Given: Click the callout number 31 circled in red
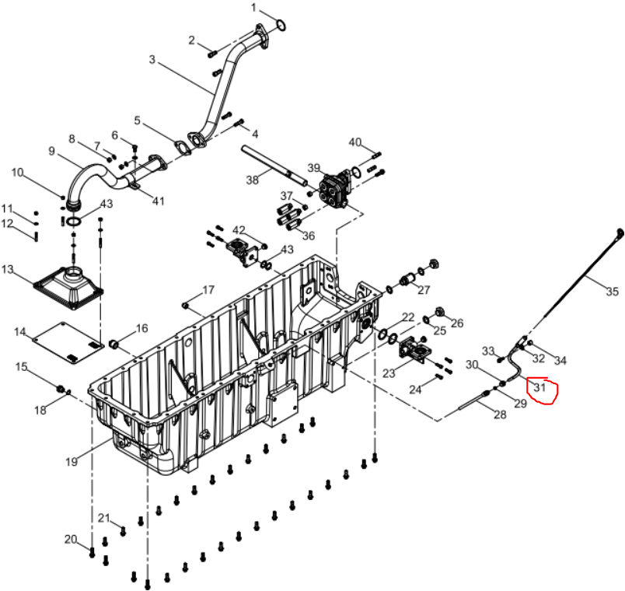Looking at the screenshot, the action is (539, 387).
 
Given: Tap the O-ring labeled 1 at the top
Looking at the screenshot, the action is (281, 25).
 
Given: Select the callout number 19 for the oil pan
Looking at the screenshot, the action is (72, 462).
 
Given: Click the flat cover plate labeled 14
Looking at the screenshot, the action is (68, 343).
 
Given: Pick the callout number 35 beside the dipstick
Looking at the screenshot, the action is (613, 292).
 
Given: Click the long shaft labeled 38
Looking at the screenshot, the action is (274, 166).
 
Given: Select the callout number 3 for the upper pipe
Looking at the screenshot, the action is (152, 60).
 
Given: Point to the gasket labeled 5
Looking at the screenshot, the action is (181, 146).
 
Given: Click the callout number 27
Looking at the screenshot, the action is (424, 290).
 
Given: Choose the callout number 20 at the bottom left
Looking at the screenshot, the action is (71, 540).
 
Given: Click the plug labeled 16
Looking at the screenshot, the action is (114, 343).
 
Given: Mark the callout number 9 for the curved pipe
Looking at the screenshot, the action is (51, 151).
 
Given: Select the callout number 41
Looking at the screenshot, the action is (159, 201).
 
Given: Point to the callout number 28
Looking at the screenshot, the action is (500, 414).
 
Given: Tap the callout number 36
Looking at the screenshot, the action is (309, 236).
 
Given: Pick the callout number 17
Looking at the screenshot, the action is (208, 290).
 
